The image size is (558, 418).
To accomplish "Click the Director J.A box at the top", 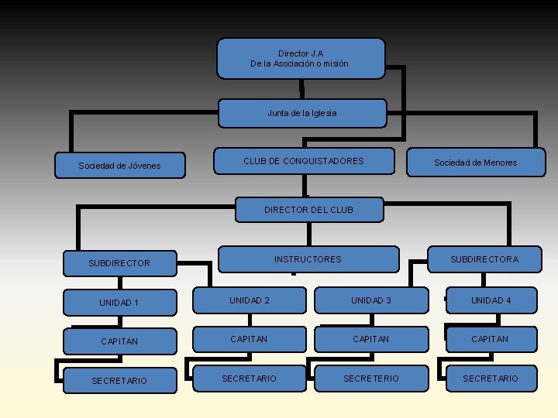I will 300,59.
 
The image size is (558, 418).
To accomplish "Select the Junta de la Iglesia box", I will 301,113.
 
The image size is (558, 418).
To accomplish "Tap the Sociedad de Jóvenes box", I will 120,165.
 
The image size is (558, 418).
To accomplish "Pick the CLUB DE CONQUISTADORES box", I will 303,161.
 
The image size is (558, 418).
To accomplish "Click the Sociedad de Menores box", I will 475,163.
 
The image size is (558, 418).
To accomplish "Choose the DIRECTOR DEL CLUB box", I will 308,210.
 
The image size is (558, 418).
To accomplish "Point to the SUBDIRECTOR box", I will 120,263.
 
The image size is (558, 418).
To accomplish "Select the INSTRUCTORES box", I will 308,259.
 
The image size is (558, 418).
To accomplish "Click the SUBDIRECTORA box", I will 484,259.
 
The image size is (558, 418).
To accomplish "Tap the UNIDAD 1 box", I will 120,303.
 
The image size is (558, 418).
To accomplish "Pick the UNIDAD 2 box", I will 250,300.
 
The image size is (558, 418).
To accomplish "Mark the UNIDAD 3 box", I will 371,300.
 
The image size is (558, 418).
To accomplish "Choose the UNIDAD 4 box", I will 491,300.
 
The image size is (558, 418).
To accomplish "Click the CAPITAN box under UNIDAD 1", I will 120,341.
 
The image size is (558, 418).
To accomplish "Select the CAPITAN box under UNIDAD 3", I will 371,339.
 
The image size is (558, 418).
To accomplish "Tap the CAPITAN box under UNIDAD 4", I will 491,339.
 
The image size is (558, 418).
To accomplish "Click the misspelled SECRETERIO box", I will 371,378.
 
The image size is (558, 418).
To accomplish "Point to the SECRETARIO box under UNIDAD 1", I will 120,380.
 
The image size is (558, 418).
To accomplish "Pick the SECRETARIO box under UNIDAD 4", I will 491,378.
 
